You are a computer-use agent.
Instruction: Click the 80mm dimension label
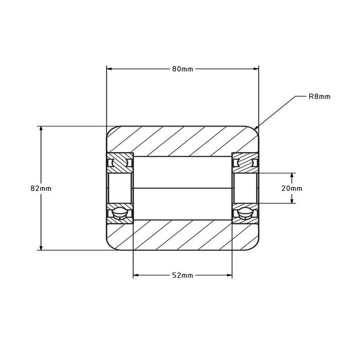pyautogui.click(x=183, y=69)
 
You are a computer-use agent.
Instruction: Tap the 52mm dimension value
pyautogui.click(x=183, y=276)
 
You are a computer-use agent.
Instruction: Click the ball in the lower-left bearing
pyautogui.click(x=120, y=212)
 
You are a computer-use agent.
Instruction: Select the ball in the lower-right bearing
pyautogui.click(x=245, y=212)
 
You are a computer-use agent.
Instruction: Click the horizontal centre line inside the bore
pyautogui.click(x=183, y=188)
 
